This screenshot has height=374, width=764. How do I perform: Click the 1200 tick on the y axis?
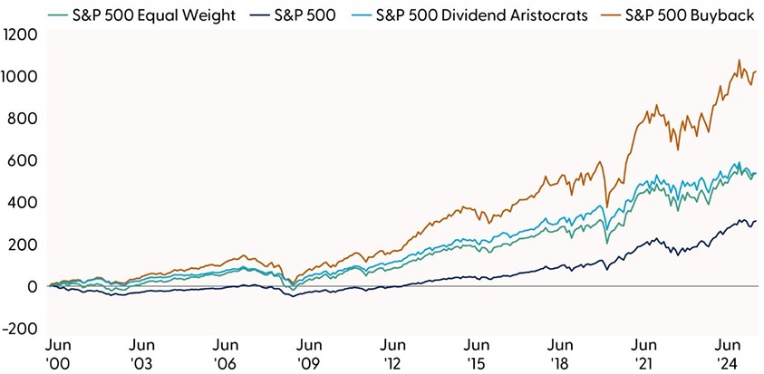tap(20, 34)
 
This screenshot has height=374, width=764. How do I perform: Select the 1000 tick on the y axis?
tap(20, 77)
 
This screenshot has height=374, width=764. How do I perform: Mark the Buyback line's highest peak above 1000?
tap(739, 61)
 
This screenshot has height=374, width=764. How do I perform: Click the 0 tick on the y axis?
tap(32, 287)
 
